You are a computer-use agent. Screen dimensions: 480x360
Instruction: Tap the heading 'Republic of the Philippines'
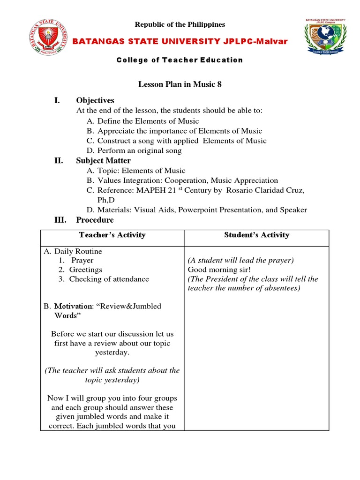click(180, 24)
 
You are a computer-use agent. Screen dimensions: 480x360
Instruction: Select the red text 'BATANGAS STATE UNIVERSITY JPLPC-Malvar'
click(180, 42)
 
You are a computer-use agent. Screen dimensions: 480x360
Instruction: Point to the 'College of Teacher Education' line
click(180, 60)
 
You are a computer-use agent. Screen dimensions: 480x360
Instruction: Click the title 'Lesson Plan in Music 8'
click(180, 84)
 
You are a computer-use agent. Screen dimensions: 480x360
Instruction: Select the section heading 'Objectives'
click(95, 100)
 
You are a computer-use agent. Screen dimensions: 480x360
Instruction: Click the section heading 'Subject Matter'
click(104, 161)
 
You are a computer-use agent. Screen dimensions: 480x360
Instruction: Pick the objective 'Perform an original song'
click(139, 151)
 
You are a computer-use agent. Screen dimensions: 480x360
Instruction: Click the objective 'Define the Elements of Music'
click(148, 121)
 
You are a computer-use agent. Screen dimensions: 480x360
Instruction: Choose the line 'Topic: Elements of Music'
click(141, 171)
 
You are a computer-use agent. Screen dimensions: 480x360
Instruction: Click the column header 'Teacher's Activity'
click(112, 235)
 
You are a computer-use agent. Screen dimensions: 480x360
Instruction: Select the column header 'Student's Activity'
click(256, 235)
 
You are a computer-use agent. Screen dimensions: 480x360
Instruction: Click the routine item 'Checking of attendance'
click(109, 279)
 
